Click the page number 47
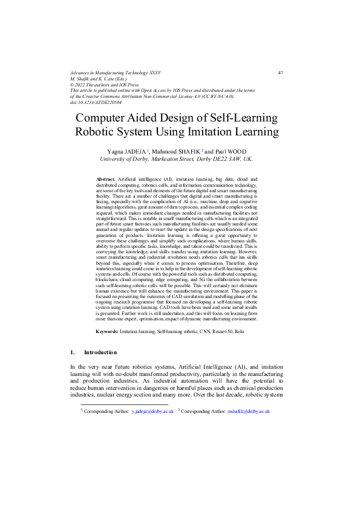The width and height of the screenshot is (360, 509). pyautogui.click(x=280, y=73)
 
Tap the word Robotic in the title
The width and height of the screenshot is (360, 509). pyautogui.click(x=100, y=132)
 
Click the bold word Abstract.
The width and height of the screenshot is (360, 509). pyautogui.click(x=105, y=180)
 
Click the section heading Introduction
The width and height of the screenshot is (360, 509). pyautogui.click(x=100, y=352)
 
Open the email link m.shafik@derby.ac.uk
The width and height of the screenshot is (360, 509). pyautogui.click(x=248, y=411)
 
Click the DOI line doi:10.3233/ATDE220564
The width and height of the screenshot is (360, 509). pyautogui.click(x=96, y=102)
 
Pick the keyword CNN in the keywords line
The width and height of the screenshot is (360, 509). pyautogui.click(x=204, y=332)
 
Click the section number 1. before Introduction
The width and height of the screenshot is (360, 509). pyautogui.click(x=73, y=352)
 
